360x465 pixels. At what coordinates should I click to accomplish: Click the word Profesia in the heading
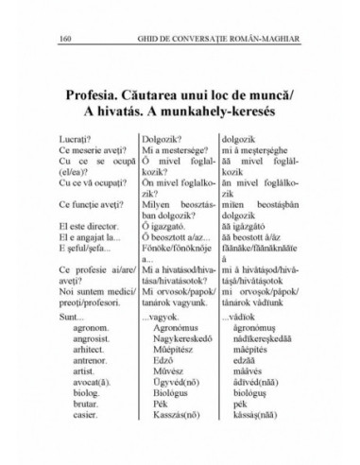(95, 95)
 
